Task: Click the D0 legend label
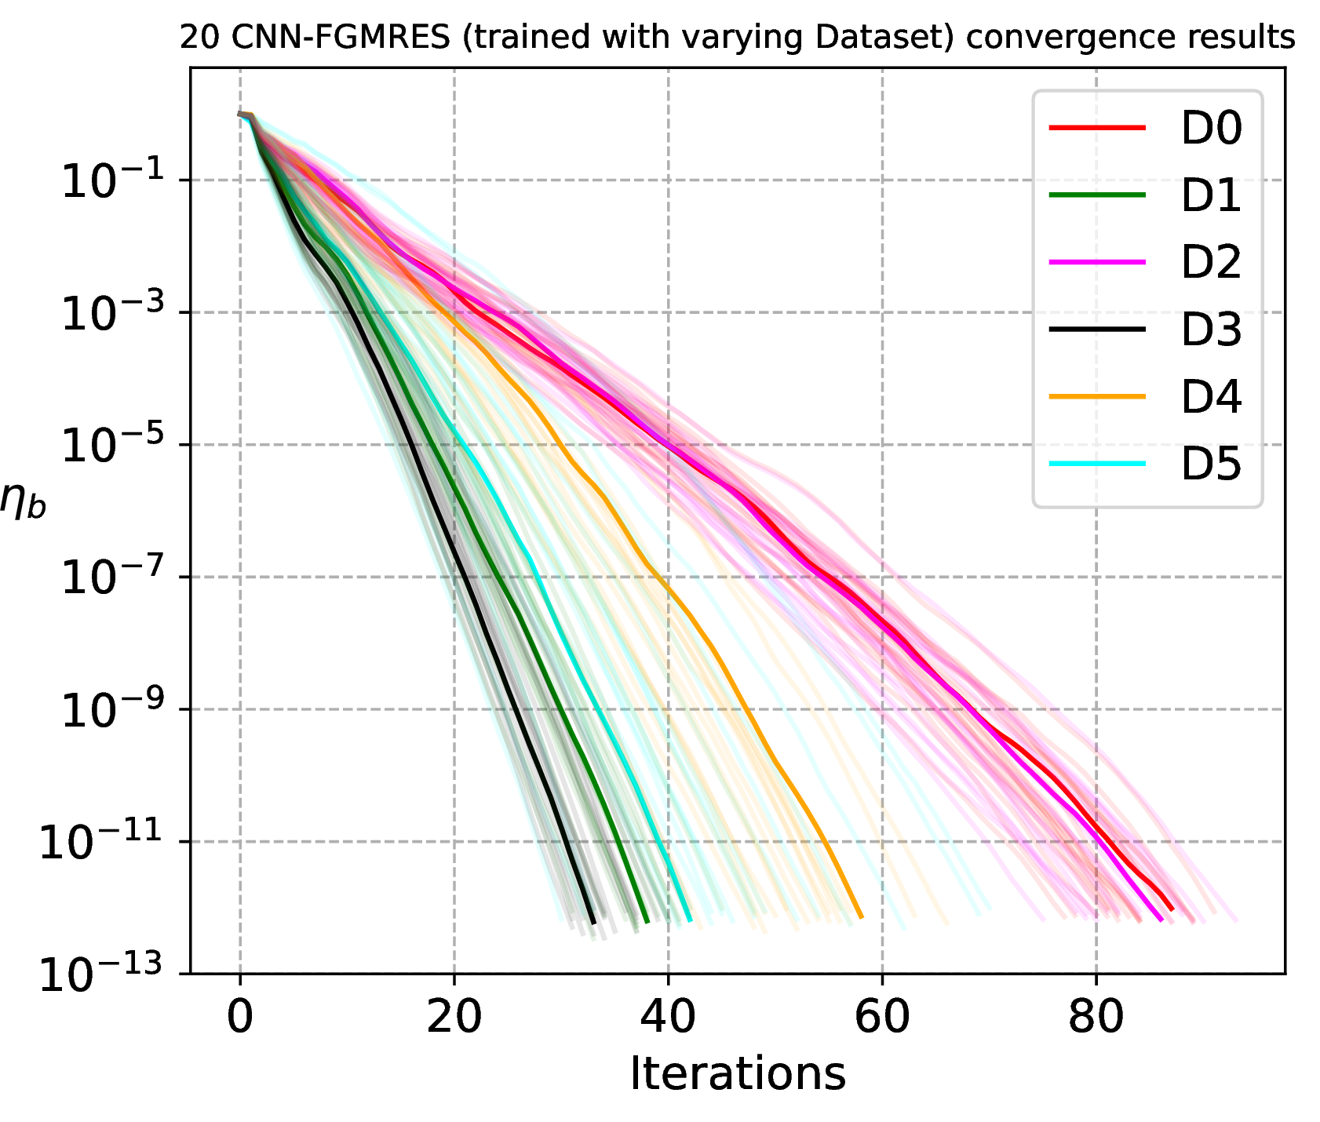(x=1211, y=128)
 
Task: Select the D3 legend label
(x=1211, y=330)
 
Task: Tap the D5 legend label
(x=1211, y=464)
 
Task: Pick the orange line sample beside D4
(x=1097, y=397)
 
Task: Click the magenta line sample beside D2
(x=1097, y=262)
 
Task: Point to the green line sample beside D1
(x=1097, y=195)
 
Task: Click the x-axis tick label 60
(x=882, y=1017)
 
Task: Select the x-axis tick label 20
(x=454, y=1017)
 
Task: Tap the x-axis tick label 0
(x=240, y=1017)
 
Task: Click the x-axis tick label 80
(x=1096, y=1017)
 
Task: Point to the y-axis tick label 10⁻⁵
(x=111, y=444)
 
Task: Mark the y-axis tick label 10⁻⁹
(x=111, y=709)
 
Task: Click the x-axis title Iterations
(x=738, y=1073)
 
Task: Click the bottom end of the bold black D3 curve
(x=593, y=923)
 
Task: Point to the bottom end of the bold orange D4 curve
(x=861, y=916)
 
